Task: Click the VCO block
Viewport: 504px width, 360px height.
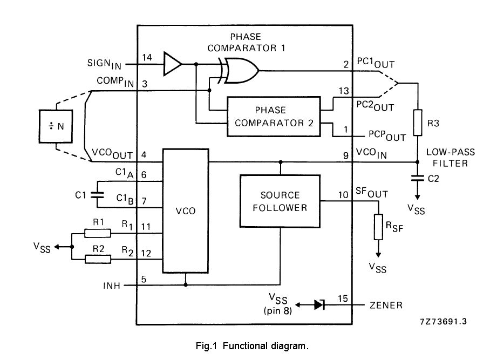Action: point(185,211)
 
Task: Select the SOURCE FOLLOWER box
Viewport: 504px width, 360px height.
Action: point(280,201)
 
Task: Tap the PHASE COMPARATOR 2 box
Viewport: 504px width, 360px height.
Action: point(273,116)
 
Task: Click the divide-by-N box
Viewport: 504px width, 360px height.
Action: point(57,126)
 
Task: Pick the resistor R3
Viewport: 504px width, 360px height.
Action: point(418,123)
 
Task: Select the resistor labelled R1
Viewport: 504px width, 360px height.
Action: point(98,233)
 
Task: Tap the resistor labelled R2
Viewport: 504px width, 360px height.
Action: point(98,259)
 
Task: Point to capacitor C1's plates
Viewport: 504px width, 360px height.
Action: point(98,194)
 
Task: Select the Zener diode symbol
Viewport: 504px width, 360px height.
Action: point(319,305)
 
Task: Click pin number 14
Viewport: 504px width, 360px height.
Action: point(147,57)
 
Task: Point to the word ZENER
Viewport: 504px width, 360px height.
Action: point(386,305)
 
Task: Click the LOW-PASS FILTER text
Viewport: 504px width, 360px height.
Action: point(447,158)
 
